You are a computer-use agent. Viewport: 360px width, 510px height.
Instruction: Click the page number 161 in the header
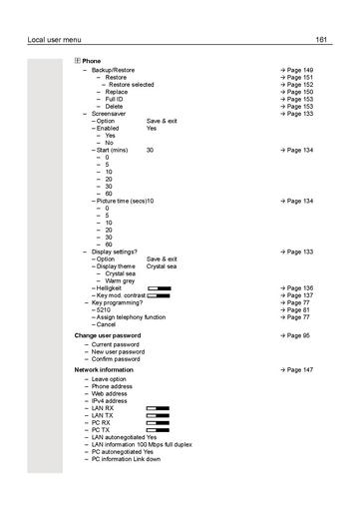[x=321, y=39]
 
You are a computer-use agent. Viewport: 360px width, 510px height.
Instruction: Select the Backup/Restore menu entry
[x=113, y=70]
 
